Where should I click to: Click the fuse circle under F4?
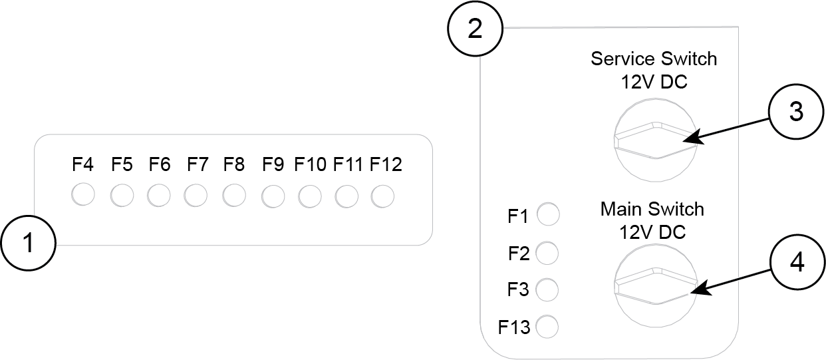tap(83, 195)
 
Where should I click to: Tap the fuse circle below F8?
tap(235, 195)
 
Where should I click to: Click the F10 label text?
tap(311, 164)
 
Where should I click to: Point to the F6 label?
tap(160, 164)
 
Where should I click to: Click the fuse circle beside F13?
tap(547, 327)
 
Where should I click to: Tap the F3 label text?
tap(519, 290)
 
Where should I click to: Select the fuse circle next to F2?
tap(547, 253)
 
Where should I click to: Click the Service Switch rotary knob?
tap(654, 140)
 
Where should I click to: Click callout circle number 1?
tap(28, 244)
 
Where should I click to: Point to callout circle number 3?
tap(796, 112)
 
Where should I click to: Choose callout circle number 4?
tap(796, 262)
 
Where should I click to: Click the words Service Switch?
tap(654, 59)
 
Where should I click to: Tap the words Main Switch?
tap(652, 209)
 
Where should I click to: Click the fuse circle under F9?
tap(273, 196)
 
